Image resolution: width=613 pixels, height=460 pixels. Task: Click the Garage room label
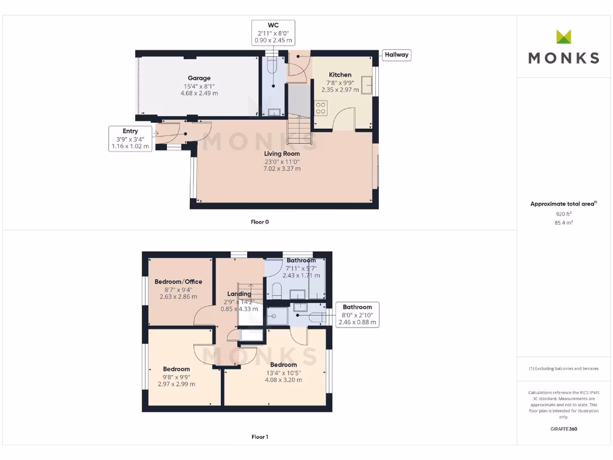point(199,78)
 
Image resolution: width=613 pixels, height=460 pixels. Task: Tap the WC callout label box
point(273,32)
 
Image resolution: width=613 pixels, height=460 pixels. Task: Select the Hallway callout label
point(396,55)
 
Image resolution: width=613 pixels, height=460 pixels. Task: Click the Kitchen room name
point(340,75)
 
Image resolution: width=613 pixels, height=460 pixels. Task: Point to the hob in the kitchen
point(320,108)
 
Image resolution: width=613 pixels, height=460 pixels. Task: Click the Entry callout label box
point(130,138)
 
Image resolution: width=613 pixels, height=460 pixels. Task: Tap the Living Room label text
point(283,154)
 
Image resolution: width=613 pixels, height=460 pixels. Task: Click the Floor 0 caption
point(260,222)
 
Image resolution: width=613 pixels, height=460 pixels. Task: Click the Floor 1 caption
point(260,437)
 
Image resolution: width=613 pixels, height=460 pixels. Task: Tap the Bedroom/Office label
point(178,282)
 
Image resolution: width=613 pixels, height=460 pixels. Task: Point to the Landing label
point(239,293)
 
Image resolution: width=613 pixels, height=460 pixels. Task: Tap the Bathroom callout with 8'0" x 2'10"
point(357,314)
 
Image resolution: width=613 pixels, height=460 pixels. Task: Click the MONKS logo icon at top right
point(563,37)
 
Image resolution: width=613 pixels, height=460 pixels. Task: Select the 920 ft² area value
point(563,213)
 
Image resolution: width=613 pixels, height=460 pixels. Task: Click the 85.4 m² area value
point(563,222)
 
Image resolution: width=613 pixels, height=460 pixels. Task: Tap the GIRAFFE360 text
point(563,429)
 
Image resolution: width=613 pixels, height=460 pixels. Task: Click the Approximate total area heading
point(563,204)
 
